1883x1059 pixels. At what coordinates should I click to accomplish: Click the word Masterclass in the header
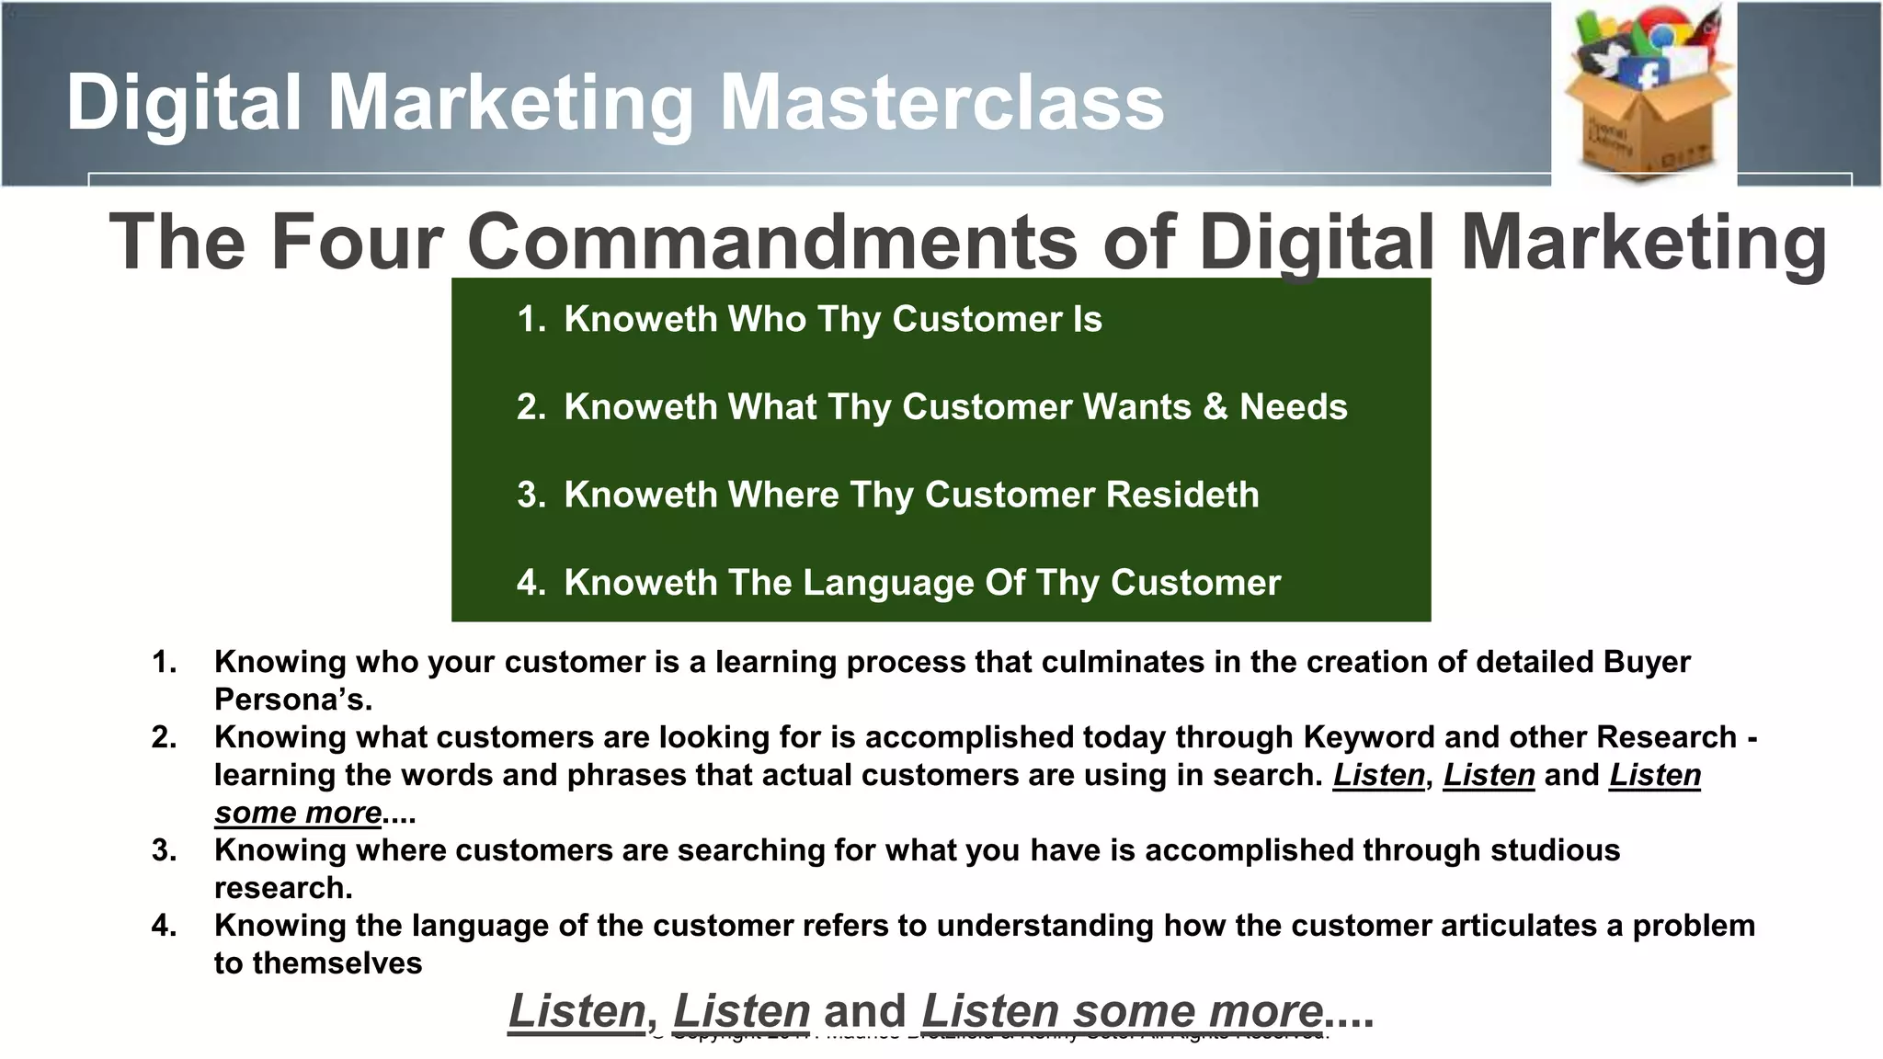(x=941, y=103)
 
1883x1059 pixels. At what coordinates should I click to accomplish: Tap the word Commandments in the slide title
(x=772, y=242)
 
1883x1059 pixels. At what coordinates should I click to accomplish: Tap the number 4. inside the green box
(x=531, y=583)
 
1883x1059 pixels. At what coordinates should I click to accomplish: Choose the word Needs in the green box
(x=1293, y=406)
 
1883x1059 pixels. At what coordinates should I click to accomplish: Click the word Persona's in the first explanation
(x=293, y=700)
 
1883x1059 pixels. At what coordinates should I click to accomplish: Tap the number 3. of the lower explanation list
(x=165, y=850)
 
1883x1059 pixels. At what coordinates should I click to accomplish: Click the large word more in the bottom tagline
(x=1265, y=1011)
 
